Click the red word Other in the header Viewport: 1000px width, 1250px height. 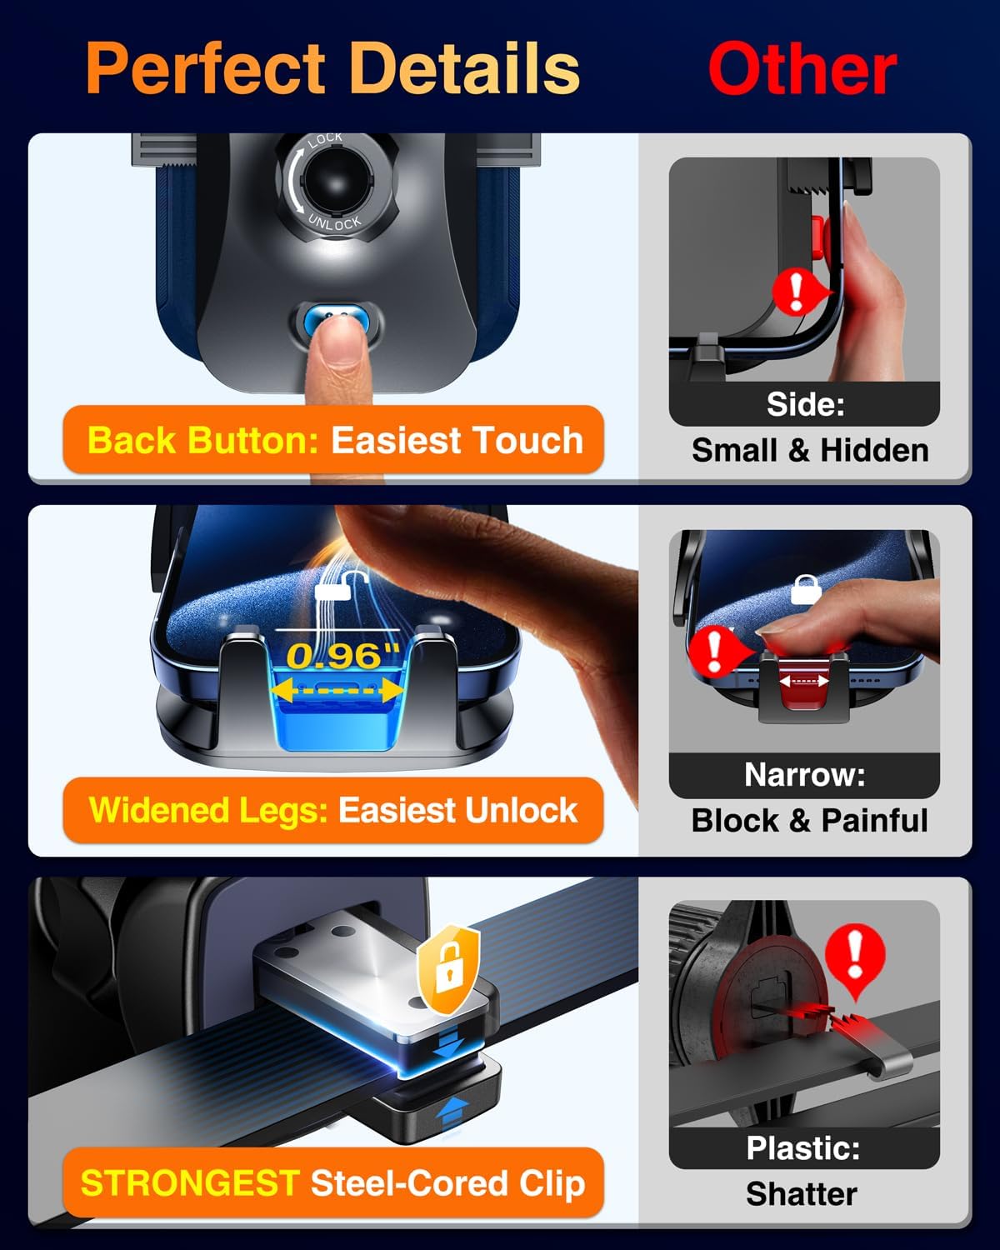coord(802,70)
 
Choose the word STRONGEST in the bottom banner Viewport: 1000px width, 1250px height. coord(190,1183)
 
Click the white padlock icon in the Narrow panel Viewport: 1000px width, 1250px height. coord(805,588)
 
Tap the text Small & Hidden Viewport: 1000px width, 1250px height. coord(810,450)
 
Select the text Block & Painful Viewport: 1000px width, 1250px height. coord(809,820)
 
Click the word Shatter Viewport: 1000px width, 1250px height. coord(801,1193)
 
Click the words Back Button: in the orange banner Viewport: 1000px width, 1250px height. coord(203,440)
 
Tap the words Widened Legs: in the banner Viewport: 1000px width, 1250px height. coord(208,810)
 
